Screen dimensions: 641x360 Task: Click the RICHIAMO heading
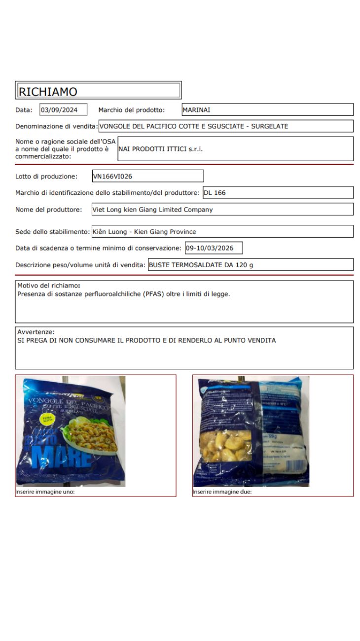(48, 91)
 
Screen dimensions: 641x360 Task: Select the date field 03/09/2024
(63, 110)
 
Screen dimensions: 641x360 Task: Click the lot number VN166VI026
(113, 176)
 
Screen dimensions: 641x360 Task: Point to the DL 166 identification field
(215, 193)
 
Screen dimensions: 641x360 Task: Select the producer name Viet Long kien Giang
(153, 210)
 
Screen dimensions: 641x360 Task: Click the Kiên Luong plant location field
(144, 232)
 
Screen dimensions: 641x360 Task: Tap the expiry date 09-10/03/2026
(213, 248)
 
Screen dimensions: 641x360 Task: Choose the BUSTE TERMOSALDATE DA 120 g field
(201, 265)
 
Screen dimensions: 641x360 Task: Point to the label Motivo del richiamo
(48, 285)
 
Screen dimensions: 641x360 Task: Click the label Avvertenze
(36, 332)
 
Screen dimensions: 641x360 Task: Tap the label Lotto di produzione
(46, 176)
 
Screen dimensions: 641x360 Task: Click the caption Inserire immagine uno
(45, 492)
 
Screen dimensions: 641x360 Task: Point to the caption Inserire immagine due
(222, 492)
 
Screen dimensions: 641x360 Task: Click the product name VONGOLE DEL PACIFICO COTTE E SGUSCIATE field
(193, 126)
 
